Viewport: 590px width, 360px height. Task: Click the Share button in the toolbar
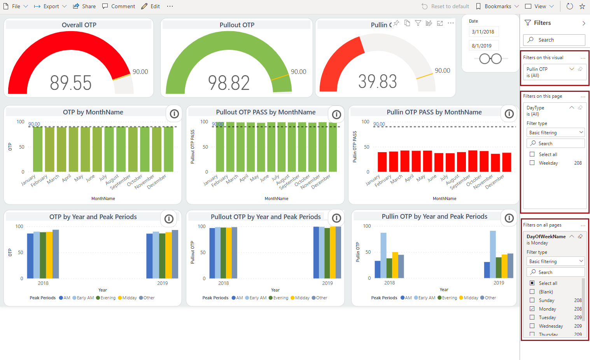[x=84, y=6]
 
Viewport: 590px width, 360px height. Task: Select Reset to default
[x=446, y=6]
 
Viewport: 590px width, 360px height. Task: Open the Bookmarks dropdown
[x=497, y=6]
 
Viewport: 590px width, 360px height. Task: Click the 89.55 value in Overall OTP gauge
[x=71, y=83]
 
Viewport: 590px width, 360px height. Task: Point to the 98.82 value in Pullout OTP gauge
[x=229, y=83]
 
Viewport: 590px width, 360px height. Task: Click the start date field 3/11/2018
[x=483, y=32]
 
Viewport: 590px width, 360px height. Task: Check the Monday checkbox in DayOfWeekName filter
[x=532, y=309]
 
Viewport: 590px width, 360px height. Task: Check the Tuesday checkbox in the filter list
[x=532, y=317]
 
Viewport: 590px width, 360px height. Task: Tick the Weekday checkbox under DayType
[x=532, y=163]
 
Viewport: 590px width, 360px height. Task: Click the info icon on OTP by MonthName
[x=174, y=114]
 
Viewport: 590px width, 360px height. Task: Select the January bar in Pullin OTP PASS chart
[x=382, y=162]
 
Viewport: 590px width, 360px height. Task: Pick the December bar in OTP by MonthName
[x=168, y=149]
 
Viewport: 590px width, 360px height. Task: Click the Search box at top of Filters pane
[x=554, y=40]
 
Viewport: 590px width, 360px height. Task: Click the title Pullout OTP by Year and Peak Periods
[x=266, y=217]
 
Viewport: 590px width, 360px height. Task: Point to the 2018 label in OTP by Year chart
[x=43, y=283]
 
